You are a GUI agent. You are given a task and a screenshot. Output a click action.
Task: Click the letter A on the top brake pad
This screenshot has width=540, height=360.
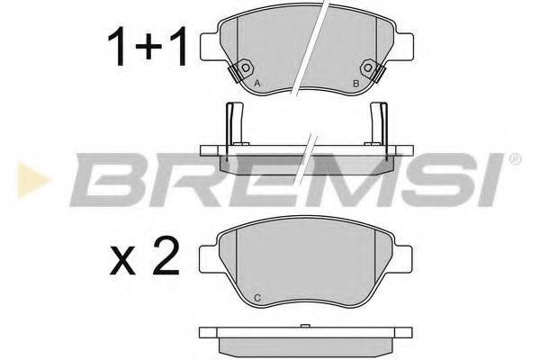pos(259,84)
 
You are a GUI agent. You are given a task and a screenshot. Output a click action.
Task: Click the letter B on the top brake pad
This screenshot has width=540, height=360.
pos(356,84)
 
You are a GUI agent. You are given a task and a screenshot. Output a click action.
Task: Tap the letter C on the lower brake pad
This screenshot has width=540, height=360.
pos(257,297)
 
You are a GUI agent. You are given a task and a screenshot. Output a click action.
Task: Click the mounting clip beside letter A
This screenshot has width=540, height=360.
pos(243,70)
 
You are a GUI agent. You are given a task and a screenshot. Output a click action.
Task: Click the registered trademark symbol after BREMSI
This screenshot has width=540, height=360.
pos(514,160)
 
